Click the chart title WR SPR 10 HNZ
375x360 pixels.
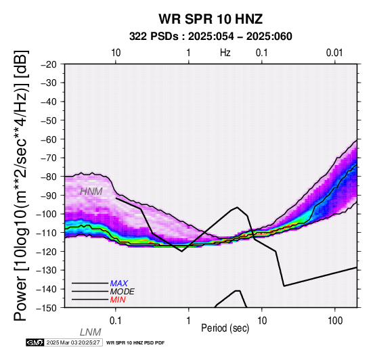211,19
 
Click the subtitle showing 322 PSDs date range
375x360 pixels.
211,37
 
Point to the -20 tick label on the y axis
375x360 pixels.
49,64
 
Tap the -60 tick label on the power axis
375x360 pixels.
49,139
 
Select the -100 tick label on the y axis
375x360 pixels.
47,214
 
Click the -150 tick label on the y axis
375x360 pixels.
47,308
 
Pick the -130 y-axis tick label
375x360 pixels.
47,271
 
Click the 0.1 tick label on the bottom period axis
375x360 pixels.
116,321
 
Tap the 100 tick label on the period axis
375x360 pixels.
335,321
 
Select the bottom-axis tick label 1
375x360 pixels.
189,321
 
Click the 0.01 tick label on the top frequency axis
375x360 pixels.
334,53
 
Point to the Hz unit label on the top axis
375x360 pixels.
225,53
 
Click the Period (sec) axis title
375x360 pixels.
225,328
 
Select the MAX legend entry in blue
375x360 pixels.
119,284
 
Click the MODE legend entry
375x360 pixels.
123,292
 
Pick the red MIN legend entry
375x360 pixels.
118,300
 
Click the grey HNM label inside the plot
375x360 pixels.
91,192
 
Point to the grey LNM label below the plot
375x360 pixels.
91,332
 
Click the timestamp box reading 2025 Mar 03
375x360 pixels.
74,343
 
